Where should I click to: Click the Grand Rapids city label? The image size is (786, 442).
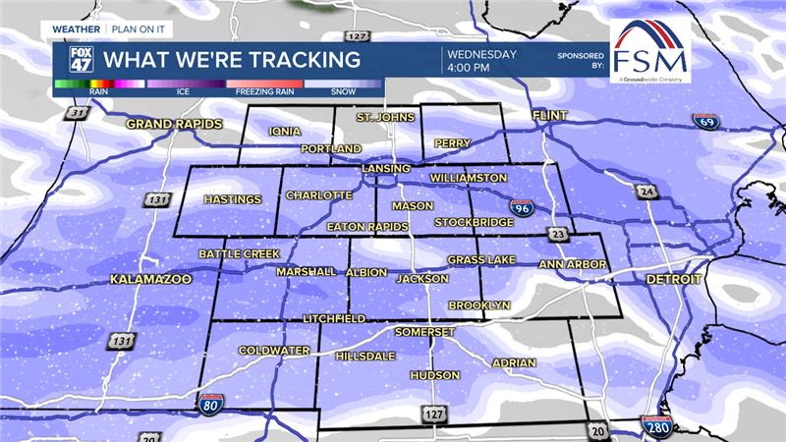pos(174,125)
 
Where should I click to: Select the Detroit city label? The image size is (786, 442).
pos(674,280)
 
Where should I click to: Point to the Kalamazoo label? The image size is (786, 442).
pos(149,280)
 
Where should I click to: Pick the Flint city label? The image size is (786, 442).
pos(550,116)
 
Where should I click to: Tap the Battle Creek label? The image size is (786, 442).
pos(239,254)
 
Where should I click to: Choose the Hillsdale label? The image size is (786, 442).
pos(365,356)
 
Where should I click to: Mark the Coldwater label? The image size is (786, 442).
pos(274,351)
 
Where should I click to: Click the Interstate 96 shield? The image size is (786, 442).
pos(522,207)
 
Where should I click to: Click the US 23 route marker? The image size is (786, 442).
pos(557,234)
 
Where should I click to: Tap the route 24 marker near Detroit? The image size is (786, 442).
pos(645,191)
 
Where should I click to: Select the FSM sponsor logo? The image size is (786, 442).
pos(649,51)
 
